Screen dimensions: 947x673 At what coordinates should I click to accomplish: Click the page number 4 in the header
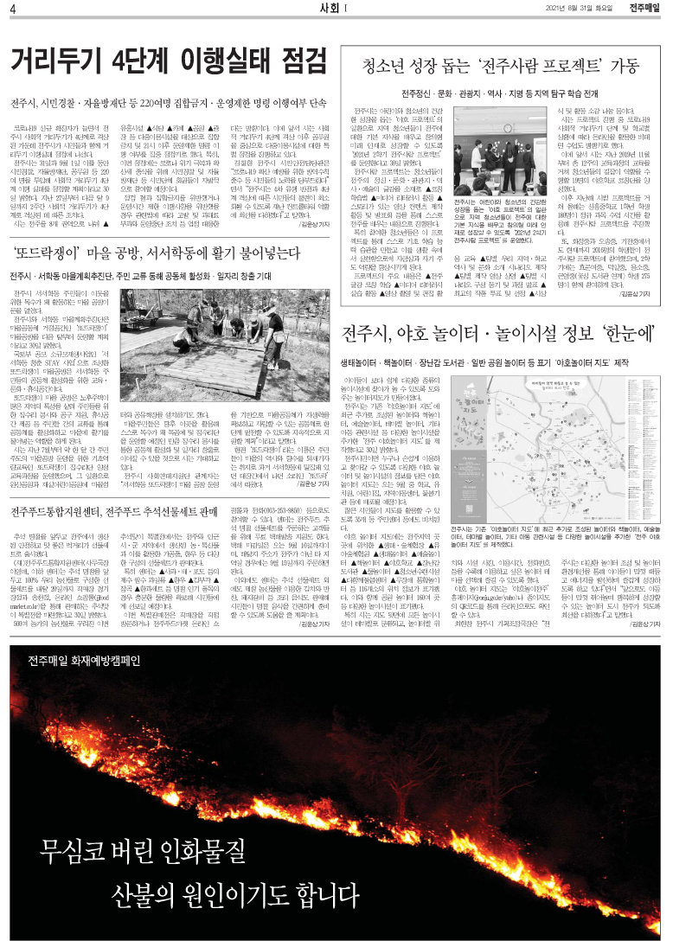pos(14,10)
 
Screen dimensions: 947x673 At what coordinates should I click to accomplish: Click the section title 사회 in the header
pos(330,9)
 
